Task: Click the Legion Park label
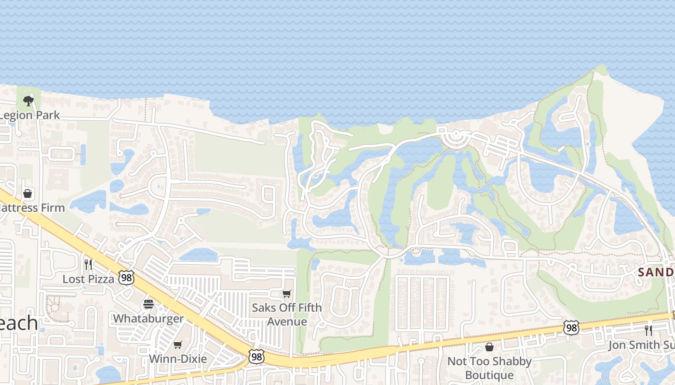click(x=30, y=115)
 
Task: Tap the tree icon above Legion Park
click(x=28, y=101)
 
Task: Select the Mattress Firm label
click(x=32, y=208)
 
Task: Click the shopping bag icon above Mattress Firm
click(x=27, y=193)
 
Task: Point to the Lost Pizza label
click(x=88, y=279)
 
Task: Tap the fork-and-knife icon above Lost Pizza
click(x=88, y=264)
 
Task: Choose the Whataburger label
click(x=148, y=319)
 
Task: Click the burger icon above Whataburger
click(x=148, y=304)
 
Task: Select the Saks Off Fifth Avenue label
click(x=287, y=314)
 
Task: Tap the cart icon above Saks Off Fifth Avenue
click(x=287, y=294)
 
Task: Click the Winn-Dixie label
click(x=178, y=359)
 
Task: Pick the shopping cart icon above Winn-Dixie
click(x=178, y=345)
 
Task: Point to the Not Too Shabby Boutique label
click(x=489, y=368)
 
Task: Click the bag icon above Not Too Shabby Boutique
click(x=489, y=347)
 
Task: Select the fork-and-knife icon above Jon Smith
click(x=648, y=330)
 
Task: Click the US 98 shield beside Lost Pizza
click(x=127, y=278)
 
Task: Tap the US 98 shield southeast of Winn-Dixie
click(x=256, y=357)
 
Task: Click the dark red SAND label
click(x=656, y=272)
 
